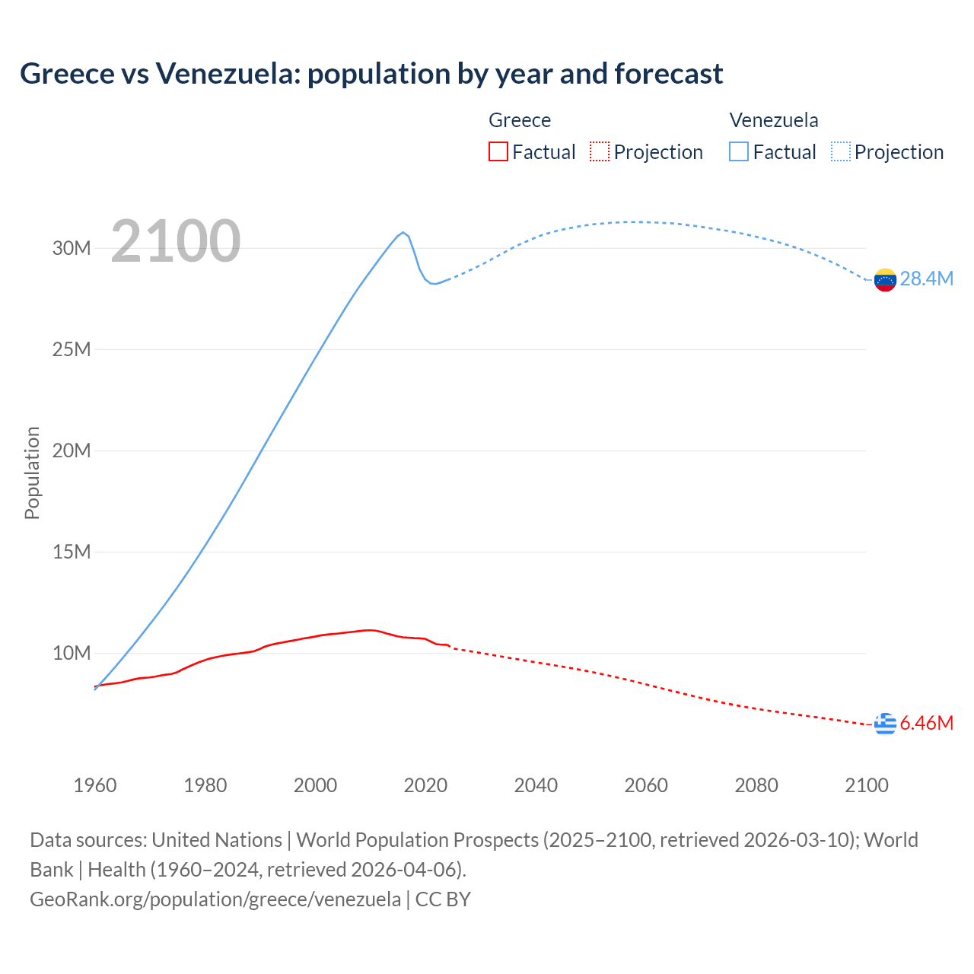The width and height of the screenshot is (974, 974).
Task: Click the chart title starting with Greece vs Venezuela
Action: [371, 74]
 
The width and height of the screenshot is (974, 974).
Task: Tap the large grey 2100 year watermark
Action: [176, 241]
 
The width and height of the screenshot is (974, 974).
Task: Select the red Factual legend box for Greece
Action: [498, 151]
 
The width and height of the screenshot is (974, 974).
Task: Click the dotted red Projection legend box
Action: [600, 151]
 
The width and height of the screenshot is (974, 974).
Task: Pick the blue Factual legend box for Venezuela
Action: [739, 151]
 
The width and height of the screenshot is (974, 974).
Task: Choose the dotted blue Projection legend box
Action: [841, 151]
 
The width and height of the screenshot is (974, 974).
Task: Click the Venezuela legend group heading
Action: [774, 120]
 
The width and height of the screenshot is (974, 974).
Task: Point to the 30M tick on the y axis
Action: [72, 248]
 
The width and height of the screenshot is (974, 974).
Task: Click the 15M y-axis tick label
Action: [72, 552]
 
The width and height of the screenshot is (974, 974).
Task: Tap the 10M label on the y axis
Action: [72, 653]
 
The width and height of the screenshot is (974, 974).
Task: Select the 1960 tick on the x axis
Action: [95, 785]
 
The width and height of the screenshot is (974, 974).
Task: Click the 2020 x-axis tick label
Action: [425, 785]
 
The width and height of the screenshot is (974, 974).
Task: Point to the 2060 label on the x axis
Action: [646, 785]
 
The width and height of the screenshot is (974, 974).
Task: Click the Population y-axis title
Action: [32, 473]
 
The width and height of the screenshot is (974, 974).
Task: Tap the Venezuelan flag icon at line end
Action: [885, 280]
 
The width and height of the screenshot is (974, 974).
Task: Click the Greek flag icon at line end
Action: [885, 724]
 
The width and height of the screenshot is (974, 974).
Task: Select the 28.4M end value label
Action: [926, 279]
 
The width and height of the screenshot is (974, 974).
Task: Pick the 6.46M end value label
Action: [926, 723]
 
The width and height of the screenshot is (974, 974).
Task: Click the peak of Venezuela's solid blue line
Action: [403, 232]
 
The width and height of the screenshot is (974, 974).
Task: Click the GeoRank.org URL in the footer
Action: [215, 899]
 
